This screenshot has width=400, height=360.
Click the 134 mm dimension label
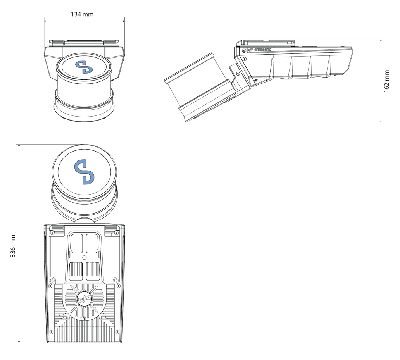click(82, 14)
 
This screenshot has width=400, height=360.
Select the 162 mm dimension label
click(387, 81)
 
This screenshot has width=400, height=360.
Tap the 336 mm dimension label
click(13, 246)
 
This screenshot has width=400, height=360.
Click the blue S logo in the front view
click(84, 67)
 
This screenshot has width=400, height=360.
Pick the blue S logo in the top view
click(84, 172)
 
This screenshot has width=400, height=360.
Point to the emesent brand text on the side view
click(262, 49)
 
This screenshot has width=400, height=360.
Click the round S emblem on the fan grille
click(85, 299)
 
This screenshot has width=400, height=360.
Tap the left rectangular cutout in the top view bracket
click(76, 243)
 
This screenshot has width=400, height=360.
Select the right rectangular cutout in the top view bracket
click(92, 243)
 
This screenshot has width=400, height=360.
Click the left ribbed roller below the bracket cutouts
click(76, 271)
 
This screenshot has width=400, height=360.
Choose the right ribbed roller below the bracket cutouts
click(93, 271)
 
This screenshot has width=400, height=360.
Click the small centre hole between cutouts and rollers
click(85, 257)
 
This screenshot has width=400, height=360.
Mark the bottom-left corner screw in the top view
click(51, 332)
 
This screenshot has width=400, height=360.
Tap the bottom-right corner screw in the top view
click(117, 332)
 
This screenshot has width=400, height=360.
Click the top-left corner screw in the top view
click(52, 233)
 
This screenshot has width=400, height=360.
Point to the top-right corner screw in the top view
click(117, 233)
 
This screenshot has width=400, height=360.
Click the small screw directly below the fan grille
click(84, 319)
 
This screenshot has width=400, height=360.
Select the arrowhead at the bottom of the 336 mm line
click(19, 341)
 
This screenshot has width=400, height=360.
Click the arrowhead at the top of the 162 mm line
click(381, 41)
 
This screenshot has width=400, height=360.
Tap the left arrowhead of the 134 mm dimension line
click(46, 21)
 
